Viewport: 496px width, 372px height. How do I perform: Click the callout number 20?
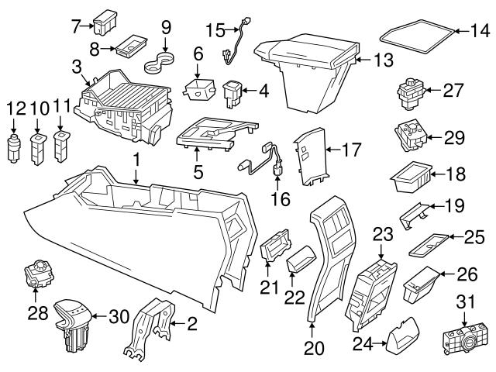[314, 349]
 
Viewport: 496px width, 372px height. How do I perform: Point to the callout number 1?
[136, 159]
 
